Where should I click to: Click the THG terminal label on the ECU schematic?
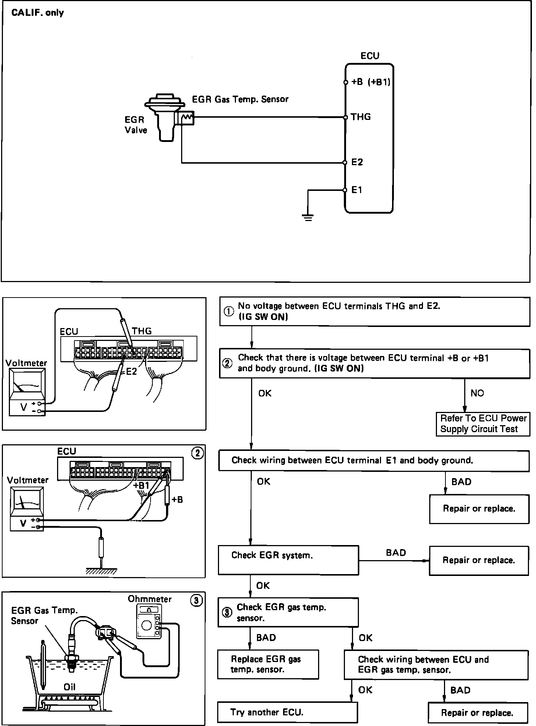tap(360, 117)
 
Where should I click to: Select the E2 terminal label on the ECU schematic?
tap(357, 162)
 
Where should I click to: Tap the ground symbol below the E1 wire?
tap(308, 217)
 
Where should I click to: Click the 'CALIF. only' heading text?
tap(38, 13)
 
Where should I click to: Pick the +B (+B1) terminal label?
tap(370, 82)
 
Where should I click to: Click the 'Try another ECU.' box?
tap(287, 712)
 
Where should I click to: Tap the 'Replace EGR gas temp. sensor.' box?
tap(268, 664)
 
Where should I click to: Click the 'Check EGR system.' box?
tap(288, 560)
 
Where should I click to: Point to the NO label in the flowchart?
tap(477, 393)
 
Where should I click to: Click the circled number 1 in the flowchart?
tap(229, 312)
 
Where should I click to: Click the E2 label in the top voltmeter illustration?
tap(131, 371)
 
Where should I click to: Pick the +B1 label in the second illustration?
tap(141, 485)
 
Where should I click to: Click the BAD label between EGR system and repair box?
tap(396, 553)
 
